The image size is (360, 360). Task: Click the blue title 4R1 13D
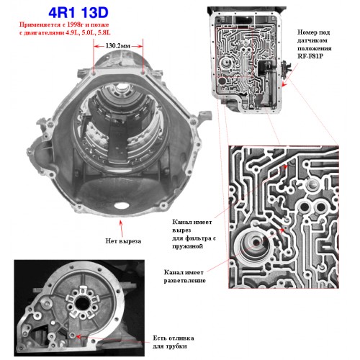[78, 13]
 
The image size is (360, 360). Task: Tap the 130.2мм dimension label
[117, 46]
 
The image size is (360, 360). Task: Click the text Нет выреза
[123, 240]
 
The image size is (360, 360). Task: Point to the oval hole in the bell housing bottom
[122, 205]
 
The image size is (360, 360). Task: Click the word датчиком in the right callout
[312, 40]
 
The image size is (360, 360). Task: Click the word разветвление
[185, 281]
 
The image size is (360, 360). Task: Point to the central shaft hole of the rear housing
[81, 304]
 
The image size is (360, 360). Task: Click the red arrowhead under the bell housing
[121, 222]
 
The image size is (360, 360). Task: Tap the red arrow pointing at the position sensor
[290, 75]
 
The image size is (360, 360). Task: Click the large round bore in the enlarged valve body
[255, 244]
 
